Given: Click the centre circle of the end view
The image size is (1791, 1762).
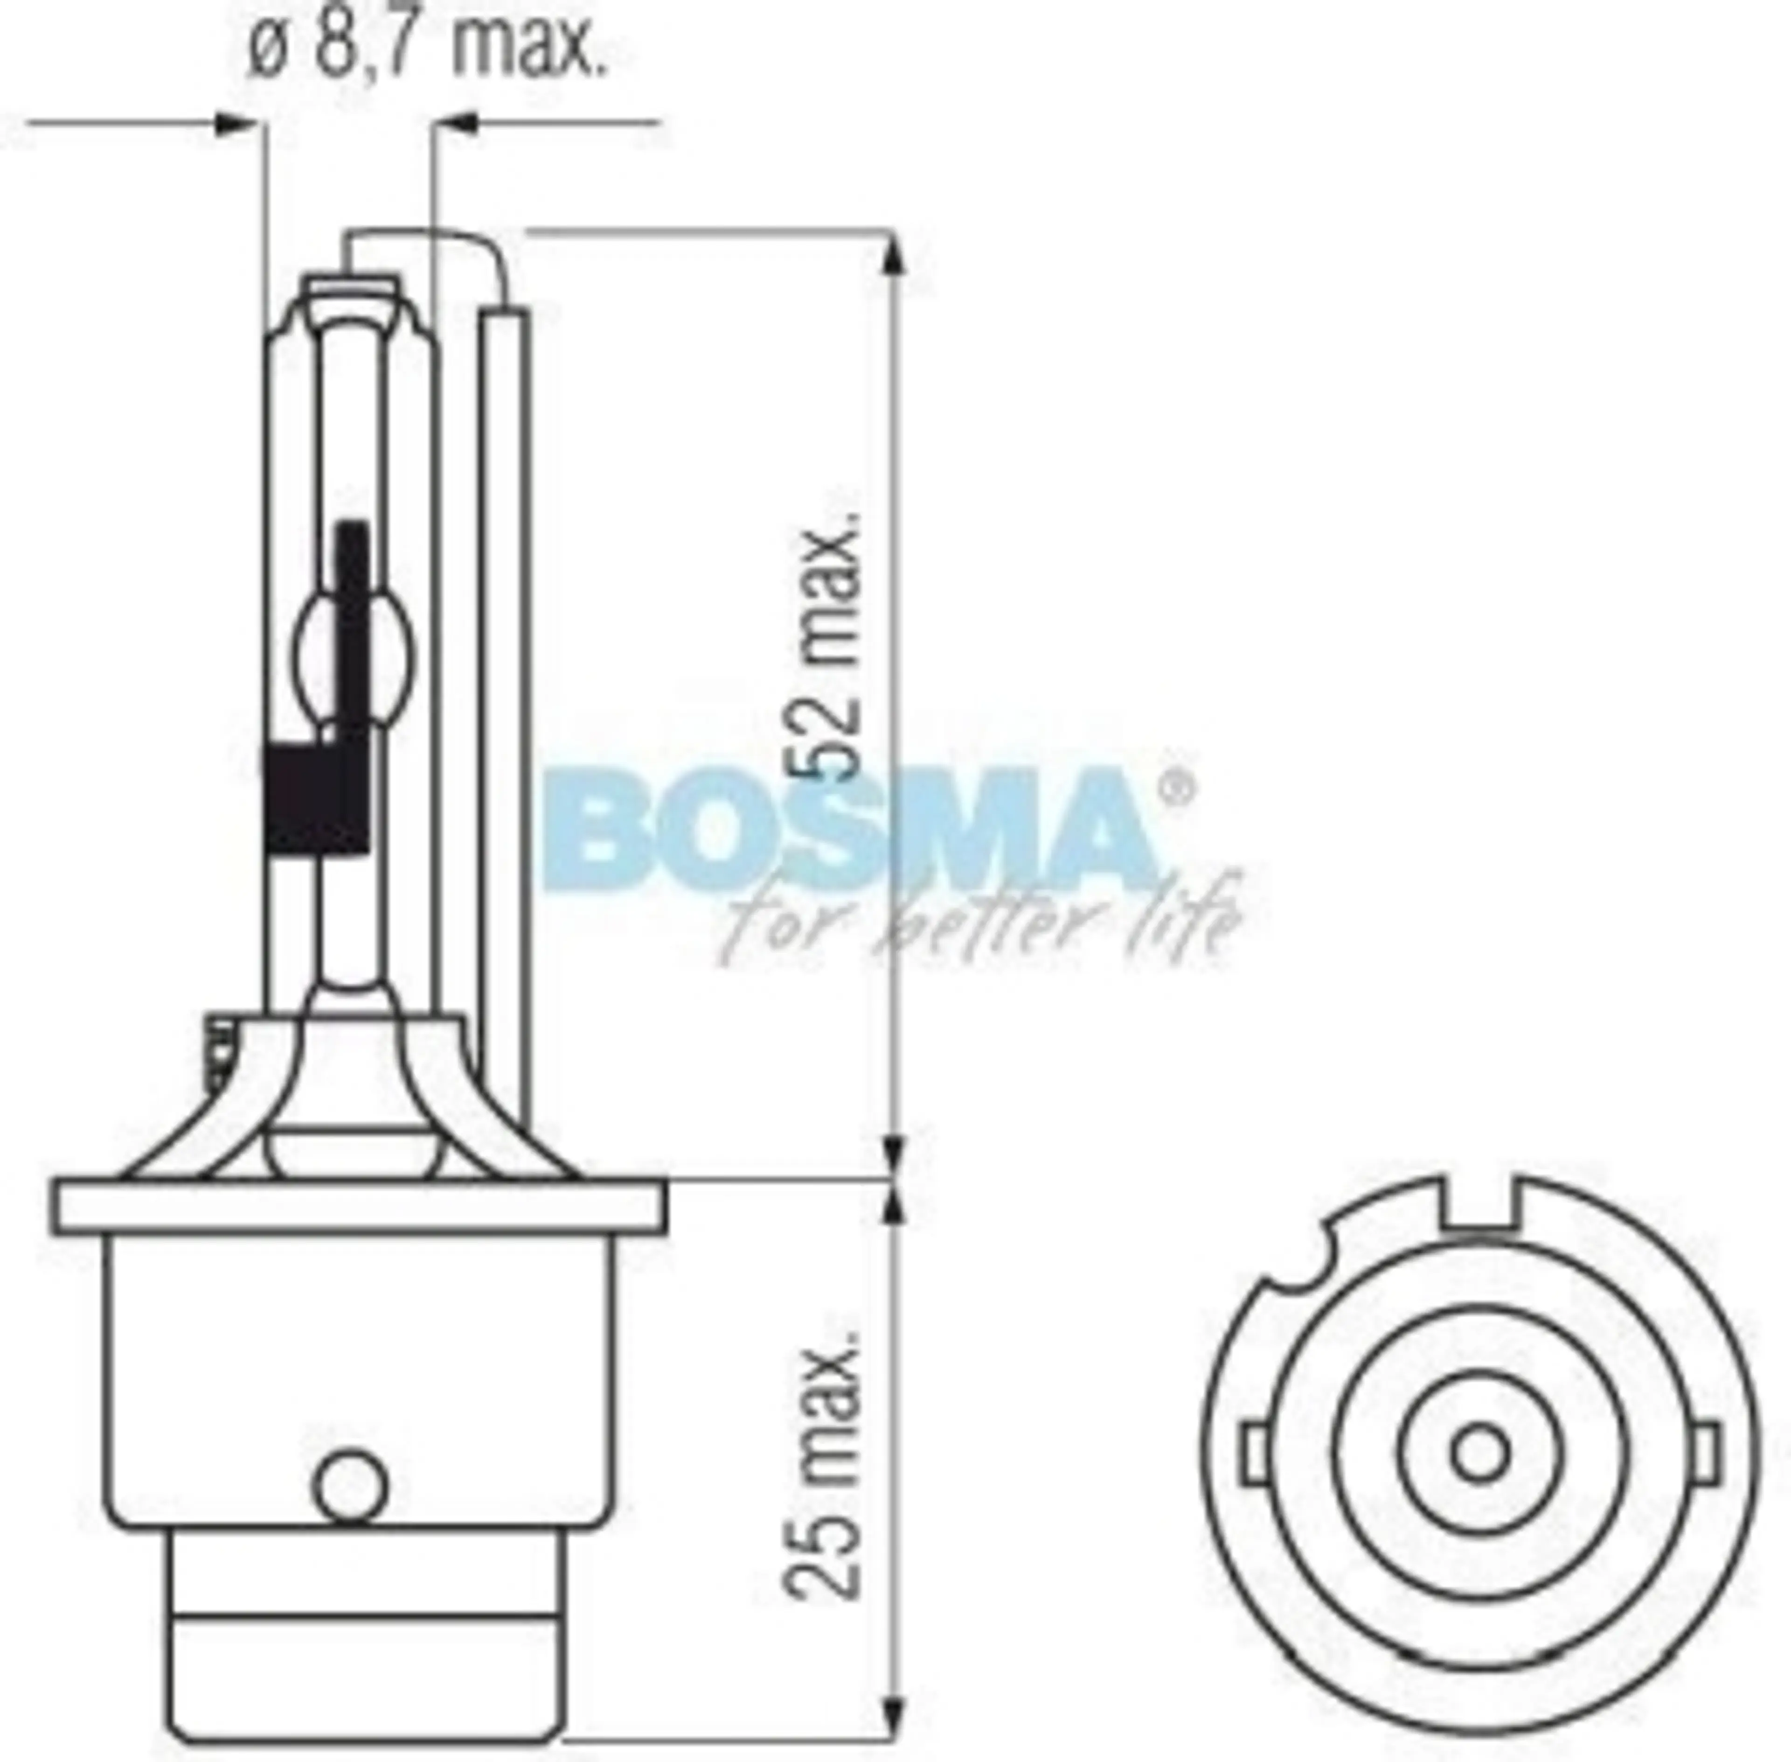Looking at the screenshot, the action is click(x=1482, y=1453).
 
